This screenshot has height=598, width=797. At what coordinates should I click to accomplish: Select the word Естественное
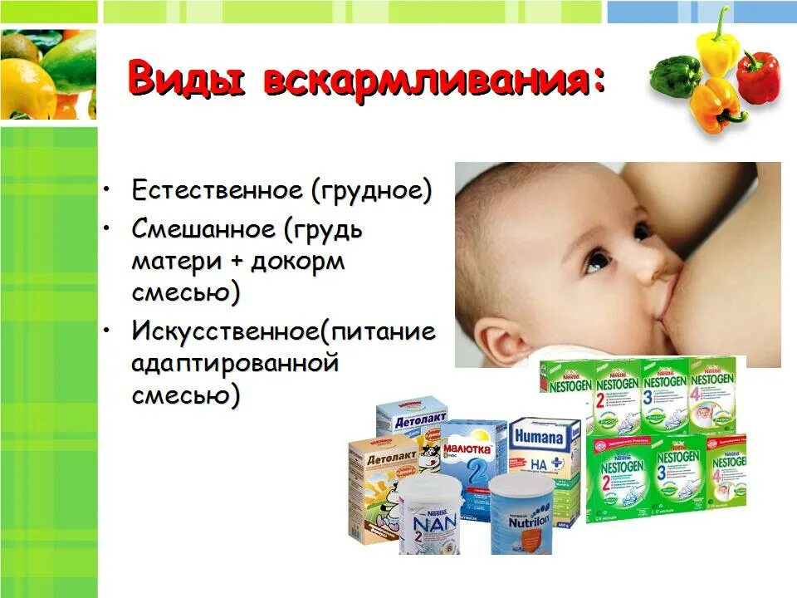217,190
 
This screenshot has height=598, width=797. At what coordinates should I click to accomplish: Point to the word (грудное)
372,190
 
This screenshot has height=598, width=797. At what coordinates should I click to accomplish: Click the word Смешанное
203,228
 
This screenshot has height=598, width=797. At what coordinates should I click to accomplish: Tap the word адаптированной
236,363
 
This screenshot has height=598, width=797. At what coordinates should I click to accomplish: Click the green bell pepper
674,76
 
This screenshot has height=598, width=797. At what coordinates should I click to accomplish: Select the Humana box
545,461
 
